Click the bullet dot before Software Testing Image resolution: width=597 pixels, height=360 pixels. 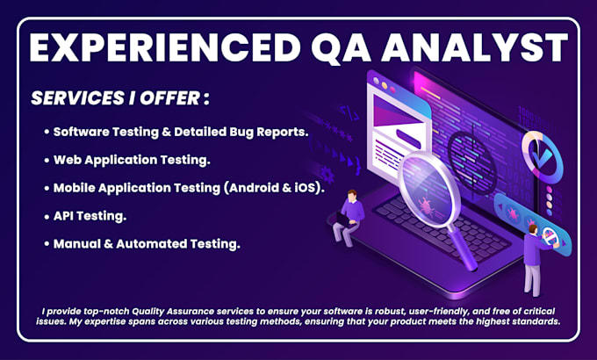[46, 132]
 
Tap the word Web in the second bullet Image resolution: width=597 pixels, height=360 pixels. [68, 160]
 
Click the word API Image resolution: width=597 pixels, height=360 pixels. [67, 216]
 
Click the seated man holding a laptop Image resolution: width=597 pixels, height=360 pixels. [351, 215]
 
